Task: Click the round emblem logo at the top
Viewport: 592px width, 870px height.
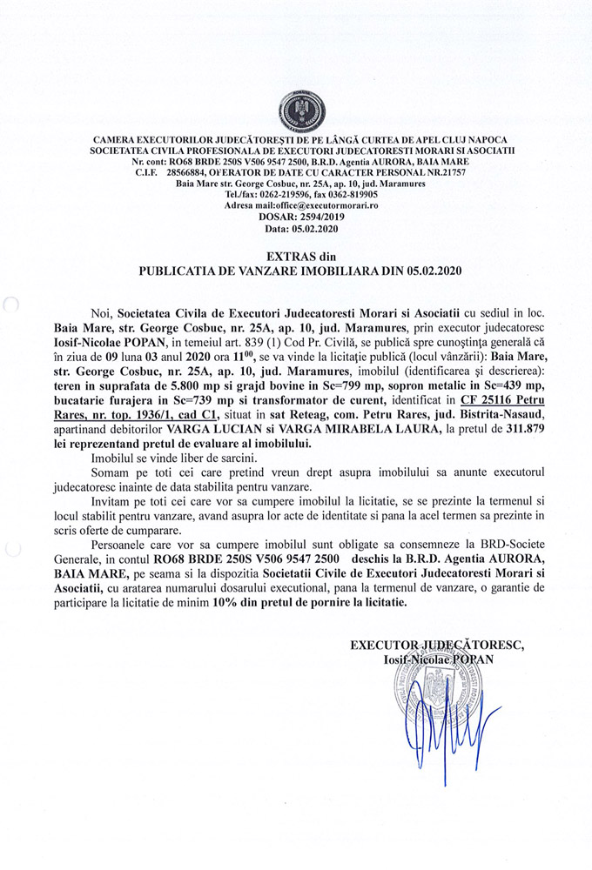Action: (x=296, y=112)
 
